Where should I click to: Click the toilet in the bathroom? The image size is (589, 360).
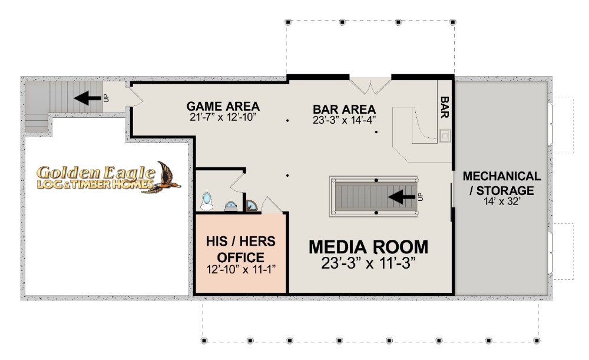tap(206, 201)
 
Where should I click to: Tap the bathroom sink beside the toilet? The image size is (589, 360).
tap(231, 206)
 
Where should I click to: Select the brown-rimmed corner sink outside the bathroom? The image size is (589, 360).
tap(252, 205)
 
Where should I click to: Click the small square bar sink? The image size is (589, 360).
tap(445, 136)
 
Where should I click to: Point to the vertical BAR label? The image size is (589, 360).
tap(445, 107)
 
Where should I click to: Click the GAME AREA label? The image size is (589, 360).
tap(223, 106)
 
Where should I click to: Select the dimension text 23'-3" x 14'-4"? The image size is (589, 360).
tap(345, 120)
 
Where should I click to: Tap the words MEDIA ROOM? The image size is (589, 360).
tap(369, 247)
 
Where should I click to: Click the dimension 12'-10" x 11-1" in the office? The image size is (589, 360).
tap(241, 269)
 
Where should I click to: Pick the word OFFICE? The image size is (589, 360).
tap(241, 257)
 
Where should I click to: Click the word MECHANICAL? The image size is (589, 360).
tap(502, 176)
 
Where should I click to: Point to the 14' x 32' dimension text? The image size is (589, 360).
tap(502, 202)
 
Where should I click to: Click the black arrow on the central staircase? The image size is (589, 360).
tap(402, 197)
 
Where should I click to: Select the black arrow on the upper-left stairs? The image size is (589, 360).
tap(88, 98)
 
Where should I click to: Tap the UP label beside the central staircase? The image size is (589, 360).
tap(421, 197)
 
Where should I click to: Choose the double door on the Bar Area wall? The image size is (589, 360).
tap(370, 85)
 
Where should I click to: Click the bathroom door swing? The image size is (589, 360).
tap(238, 182)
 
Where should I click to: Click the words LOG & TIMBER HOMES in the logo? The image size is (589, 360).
tap(95, 184)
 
